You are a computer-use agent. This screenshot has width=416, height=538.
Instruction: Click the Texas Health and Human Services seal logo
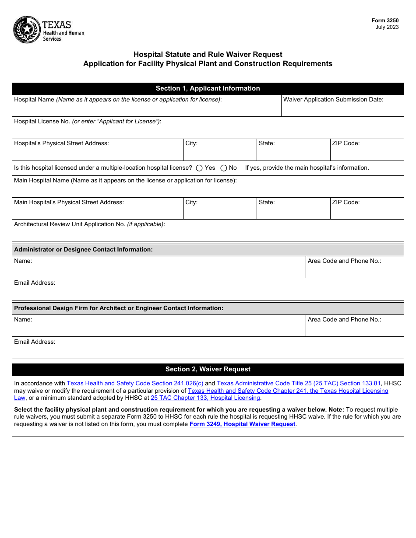tap(27, 29)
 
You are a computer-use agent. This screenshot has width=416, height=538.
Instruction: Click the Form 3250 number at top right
tap(385, 21)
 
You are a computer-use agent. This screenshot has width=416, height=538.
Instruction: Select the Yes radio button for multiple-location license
tap(199, 168)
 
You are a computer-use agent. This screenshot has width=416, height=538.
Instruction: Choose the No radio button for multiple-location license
tap(224, 168)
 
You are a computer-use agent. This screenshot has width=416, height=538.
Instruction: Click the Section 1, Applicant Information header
tap(208, 88)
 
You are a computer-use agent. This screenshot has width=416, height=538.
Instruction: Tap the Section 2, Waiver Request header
tap(208, 369)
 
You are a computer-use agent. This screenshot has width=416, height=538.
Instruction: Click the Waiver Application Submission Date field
tap(342, 109)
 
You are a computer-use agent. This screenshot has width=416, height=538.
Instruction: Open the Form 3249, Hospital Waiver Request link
tap(243, 424)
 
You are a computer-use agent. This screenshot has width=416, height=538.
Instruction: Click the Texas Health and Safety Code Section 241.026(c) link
tap(135, 383)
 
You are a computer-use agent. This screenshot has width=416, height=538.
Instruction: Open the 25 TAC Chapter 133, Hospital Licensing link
tap(205, 398)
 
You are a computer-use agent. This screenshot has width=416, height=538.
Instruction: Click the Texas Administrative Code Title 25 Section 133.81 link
tap(299, 383)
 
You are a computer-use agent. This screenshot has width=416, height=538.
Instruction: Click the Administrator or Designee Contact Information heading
tap(84, 249)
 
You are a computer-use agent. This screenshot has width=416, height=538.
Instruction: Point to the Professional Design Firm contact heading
tap(119, 308)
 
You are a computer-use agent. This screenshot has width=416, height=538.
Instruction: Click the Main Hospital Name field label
tap(125, 180)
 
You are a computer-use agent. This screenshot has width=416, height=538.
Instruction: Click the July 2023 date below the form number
tap(387, 27)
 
